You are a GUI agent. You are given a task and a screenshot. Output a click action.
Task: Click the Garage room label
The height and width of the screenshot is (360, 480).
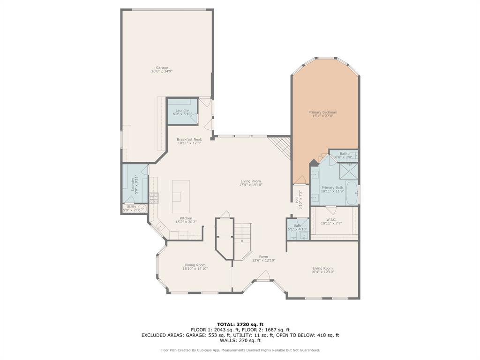point(162,67)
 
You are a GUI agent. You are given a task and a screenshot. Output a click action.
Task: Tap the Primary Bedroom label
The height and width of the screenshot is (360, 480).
point(322,112)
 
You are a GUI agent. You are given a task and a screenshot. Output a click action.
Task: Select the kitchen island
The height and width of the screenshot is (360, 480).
point(180,196)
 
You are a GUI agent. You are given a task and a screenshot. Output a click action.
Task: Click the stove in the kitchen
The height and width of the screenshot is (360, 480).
point(154,197)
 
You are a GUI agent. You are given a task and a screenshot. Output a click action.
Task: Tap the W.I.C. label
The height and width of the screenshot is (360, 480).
point(331,220)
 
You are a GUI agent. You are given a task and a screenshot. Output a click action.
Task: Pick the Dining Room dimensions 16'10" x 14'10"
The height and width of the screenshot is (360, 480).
point(195,269)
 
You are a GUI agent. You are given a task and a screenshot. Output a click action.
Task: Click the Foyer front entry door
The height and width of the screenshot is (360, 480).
point(263,280)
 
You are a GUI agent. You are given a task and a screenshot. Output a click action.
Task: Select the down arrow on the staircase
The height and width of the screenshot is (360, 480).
point(242,240)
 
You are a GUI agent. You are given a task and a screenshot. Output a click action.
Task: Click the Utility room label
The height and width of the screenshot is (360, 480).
point(131,206)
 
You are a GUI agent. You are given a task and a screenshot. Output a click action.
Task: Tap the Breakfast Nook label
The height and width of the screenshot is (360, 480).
point(189,139)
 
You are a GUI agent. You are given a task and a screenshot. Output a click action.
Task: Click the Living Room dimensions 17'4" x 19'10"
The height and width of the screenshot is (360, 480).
point(250,185)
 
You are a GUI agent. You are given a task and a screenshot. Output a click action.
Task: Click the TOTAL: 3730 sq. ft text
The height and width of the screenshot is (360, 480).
point(240,324)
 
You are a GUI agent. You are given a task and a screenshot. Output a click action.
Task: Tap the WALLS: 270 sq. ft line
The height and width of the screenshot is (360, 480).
point(240,341)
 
